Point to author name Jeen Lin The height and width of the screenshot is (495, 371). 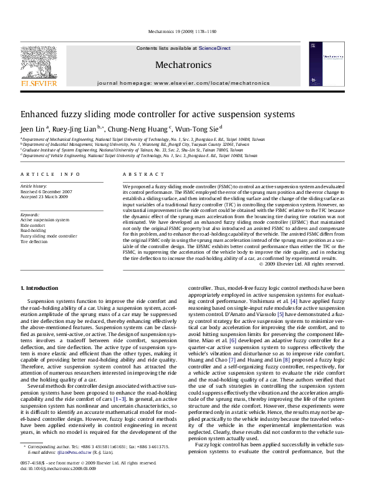pos(34,129)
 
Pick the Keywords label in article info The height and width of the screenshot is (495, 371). pos(29,214)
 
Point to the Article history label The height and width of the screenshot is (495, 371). pos(34,186)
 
